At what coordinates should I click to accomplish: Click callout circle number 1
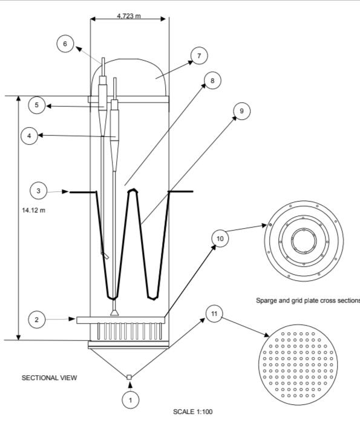pos(131,400)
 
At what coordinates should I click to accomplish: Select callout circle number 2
pos(36,320)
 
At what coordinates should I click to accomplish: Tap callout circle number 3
pos(38,191)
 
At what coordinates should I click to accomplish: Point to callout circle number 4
pos(30,136)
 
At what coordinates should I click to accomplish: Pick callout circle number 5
pos(37,105)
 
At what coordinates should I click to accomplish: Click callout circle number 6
pos(65,44)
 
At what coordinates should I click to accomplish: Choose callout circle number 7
pos(199,56)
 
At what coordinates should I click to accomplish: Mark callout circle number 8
pos(212,80)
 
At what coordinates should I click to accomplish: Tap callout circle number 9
pos(241,111)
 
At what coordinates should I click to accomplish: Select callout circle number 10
pos(220,238)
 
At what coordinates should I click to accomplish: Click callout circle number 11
pos(214,313)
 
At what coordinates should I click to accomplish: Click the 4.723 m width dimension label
pos(129,16)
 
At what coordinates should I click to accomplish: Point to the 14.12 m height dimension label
pos(33,210)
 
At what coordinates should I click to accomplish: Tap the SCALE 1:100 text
pos(193,412)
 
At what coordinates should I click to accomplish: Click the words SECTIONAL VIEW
pos(50,378)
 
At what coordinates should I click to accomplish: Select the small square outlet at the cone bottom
pos(129,377)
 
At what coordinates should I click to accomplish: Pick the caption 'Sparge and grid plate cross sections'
pos(308,300)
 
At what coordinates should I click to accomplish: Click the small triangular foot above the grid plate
pos(115,313)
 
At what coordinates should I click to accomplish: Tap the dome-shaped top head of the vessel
pos(129,59)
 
